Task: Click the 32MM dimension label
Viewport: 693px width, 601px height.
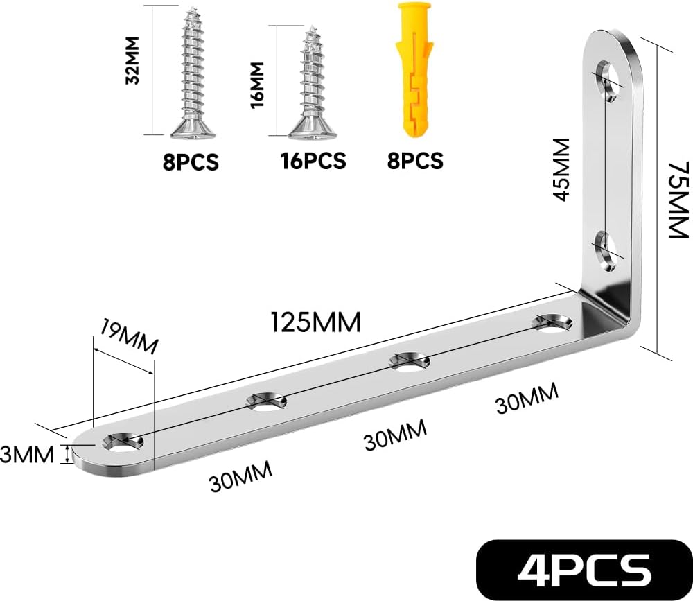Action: (132, 60)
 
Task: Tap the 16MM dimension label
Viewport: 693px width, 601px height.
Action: (257, 85)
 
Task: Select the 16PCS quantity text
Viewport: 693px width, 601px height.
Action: (313, 161)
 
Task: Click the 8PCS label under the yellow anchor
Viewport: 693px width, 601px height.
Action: (415, 161)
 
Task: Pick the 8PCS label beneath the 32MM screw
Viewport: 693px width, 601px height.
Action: (191, 162)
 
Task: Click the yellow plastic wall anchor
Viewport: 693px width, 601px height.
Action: (415, 70)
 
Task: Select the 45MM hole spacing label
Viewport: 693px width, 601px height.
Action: (562, 169)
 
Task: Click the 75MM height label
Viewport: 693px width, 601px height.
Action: (678, 200)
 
